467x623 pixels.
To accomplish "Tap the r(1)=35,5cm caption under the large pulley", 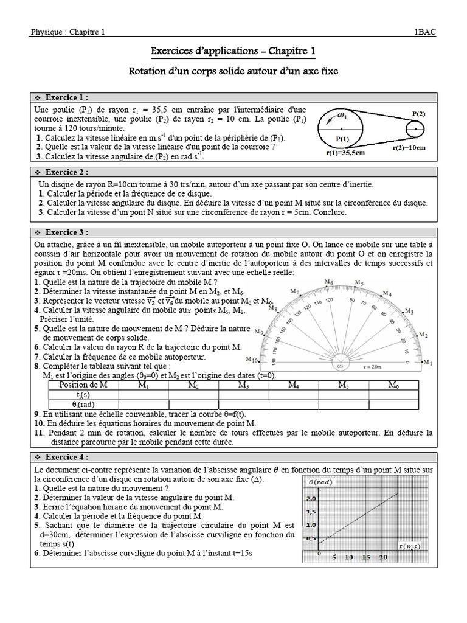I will click(342, 153).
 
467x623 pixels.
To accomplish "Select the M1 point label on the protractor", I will click(427, 363).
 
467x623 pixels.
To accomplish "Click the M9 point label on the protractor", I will click(259, 332).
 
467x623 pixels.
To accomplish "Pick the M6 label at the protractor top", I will click(329, 282).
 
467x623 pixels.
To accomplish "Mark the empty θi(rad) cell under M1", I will click(144, 404).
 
